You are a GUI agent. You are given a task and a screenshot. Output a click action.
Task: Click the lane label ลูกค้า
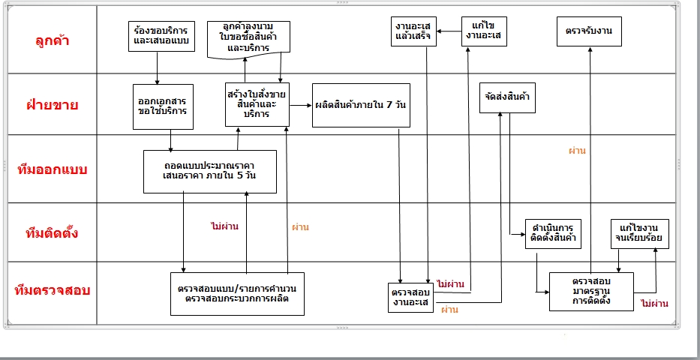(x=53, y=40)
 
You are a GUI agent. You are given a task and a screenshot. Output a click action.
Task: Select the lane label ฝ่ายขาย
(x=53, y=104)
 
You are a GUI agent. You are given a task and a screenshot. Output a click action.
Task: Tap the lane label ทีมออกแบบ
(x=53, y=169)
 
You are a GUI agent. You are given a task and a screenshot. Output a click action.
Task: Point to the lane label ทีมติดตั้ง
(x=53, y=232)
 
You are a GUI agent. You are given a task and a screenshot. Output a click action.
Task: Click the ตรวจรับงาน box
(x=590, y=31)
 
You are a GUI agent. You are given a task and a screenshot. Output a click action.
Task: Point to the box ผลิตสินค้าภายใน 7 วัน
(x=361, y=105)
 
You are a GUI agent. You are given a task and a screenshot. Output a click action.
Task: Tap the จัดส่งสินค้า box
(x=508, y=97)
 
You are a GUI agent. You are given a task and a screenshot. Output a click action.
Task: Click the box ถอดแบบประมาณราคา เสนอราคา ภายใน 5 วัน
(x=209, y=171)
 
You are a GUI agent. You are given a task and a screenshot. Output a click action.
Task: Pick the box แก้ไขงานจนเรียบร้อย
(x=640, y=232)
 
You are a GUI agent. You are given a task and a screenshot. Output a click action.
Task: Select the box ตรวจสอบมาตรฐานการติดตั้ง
(x=591, y=291)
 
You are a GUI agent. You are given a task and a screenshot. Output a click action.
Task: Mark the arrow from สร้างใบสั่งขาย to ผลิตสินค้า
(x=301, y=105)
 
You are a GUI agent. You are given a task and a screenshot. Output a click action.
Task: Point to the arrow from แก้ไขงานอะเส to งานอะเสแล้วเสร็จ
(x=449, y=31)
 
